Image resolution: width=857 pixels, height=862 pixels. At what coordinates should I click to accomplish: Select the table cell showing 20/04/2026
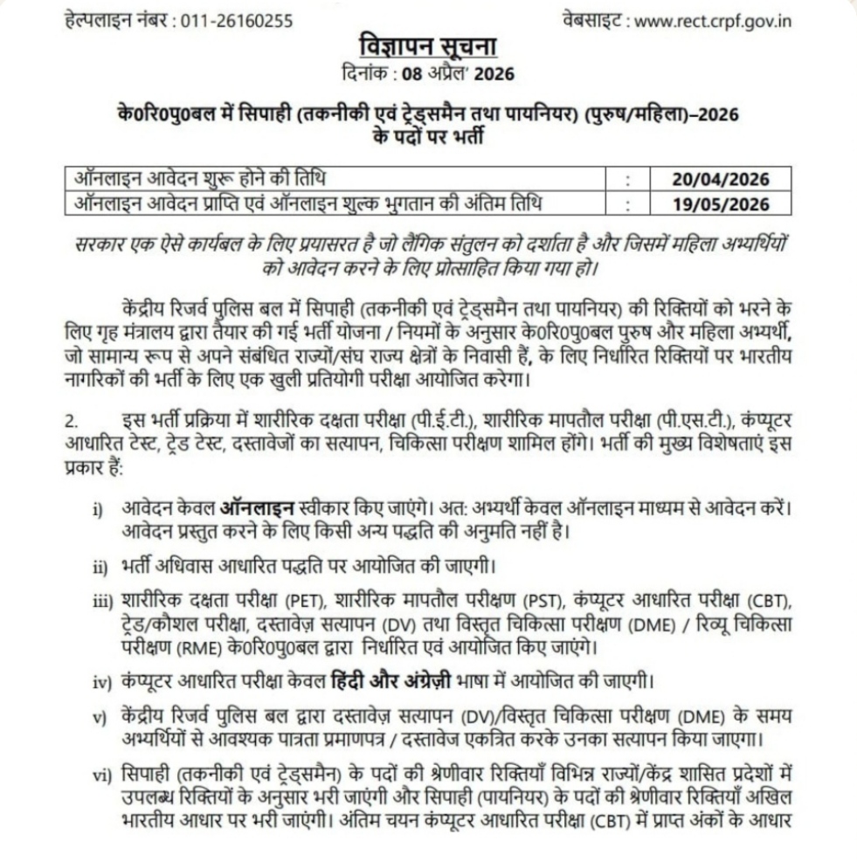[x=721, y=180]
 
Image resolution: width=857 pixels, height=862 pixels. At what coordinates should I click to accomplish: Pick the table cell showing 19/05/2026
[x=721, y=204]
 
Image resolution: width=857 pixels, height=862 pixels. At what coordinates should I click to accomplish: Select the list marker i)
[x=98, y=509]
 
